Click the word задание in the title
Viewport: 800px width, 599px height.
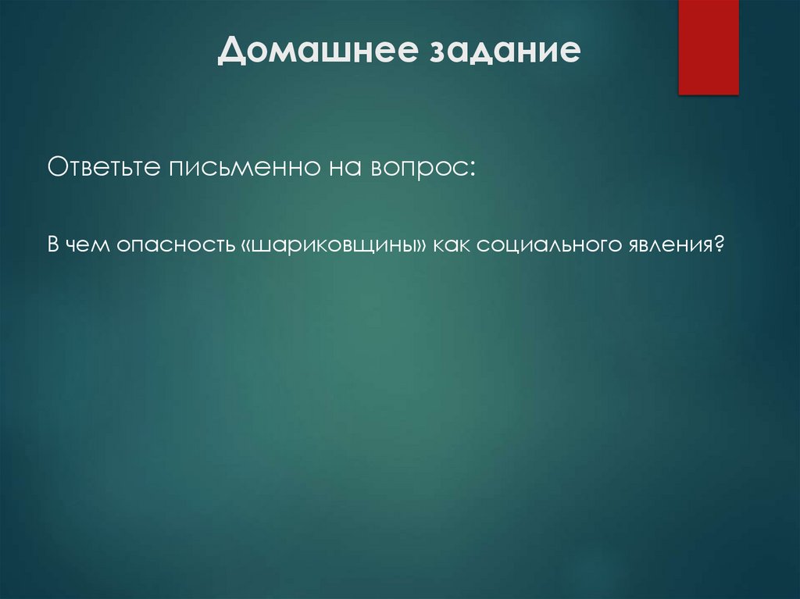(x=503, y=52)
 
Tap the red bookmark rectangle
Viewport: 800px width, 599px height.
(x=708, y=47)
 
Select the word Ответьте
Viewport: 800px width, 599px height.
(x=102, y=167)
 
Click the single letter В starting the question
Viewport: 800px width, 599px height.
(x=53, y=245)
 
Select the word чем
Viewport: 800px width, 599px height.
(x=87, y=245)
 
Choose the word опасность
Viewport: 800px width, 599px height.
(x=173, y=245)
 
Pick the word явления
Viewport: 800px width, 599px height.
(x=668, y=245)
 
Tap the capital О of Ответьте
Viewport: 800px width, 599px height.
(x=57, y=167)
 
